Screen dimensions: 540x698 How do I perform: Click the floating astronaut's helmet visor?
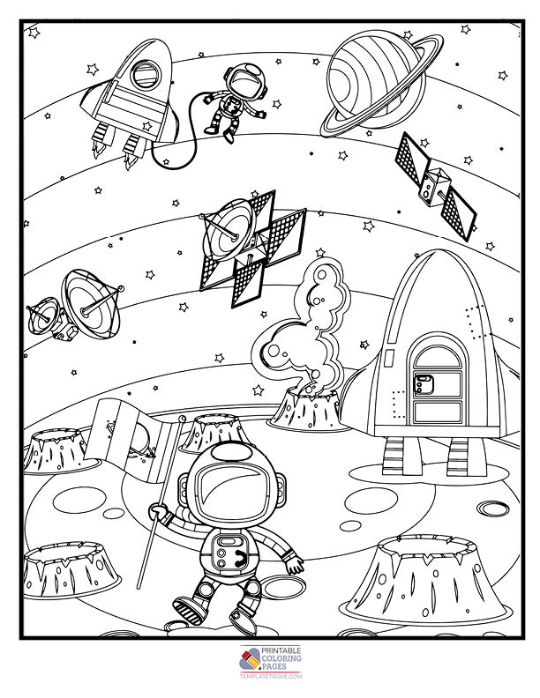(244, 80)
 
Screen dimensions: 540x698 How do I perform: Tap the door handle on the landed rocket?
(424, 383)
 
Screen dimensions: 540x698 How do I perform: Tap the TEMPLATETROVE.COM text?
(271, 677)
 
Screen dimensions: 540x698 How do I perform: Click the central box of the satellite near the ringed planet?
(433, 187)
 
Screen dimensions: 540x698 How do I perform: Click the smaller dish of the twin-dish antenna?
(43, 316)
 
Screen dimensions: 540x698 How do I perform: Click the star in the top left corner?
(34, 33)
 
